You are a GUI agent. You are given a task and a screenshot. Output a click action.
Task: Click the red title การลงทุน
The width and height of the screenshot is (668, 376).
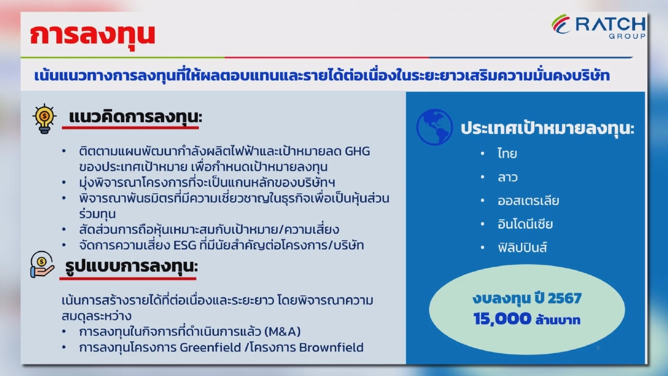(93, 35)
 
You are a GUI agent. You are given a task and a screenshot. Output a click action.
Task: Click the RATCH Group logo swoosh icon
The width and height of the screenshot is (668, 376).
(561, 24)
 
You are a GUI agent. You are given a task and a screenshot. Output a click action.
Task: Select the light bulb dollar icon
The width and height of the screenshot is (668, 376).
(44, 118)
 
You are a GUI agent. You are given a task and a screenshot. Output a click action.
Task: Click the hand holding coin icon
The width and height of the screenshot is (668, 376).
(42, 265)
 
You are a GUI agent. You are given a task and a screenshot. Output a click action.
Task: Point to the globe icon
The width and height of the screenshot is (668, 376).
(434, 127)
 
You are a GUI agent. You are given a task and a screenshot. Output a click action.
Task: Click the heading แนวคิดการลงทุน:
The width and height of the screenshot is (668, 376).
(135, 117)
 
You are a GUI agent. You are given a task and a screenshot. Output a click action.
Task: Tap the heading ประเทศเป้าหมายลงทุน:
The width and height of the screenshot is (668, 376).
(547, 129)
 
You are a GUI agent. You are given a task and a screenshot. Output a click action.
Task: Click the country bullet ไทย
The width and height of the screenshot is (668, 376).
(507, 154)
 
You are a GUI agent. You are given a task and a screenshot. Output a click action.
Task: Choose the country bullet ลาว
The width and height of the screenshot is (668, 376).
(507, 177)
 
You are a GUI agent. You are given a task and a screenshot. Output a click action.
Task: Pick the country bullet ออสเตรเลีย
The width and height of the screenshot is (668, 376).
(528, 200)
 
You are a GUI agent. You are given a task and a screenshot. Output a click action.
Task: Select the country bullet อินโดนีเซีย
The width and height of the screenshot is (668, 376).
(525, 224)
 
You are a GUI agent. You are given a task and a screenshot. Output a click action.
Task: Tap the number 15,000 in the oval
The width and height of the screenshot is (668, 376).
(502, 319)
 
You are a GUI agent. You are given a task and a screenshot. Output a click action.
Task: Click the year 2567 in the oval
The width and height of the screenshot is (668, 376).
(564, 299)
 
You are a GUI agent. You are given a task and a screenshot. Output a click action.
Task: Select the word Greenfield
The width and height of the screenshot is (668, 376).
(210, 347)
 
